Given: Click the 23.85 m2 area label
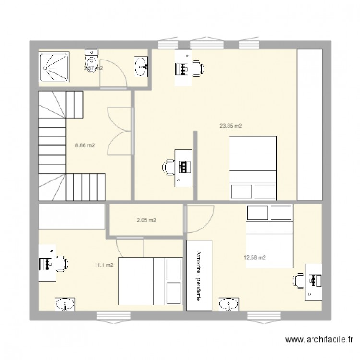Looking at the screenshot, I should click(x=230, y=126).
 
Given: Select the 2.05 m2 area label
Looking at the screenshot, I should click(x=146, y=221).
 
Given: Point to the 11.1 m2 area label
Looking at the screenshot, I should click(x=104, y=264).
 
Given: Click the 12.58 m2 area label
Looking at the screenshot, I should click(x=255, y=258).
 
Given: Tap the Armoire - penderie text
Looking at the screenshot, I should click(x=198, y=276).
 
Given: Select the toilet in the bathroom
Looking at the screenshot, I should click(x=91, y=61).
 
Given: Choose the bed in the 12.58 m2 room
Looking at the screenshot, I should click(x=269, y=236).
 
